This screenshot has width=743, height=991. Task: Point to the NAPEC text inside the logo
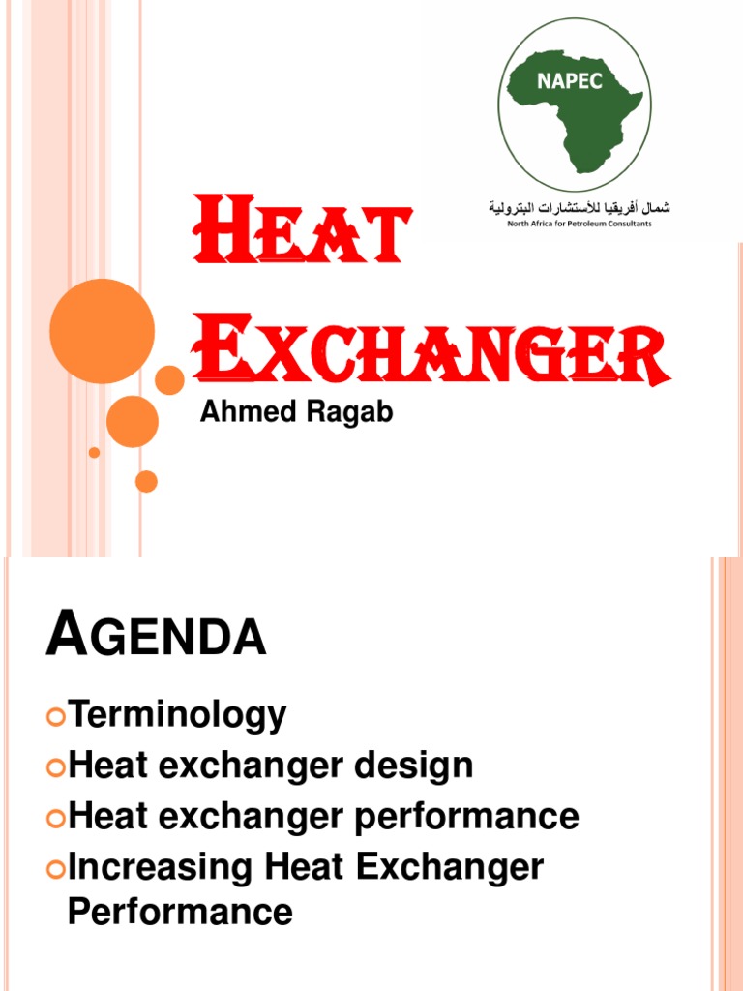(x=570, y=81)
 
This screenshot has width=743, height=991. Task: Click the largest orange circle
(x=102, y=331)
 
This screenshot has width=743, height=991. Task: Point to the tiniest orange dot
(x=94, y=452)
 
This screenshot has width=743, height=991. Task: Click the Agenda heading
(x=156, y=639)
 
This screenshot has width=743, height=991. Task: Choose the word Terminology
(x=177, y=716)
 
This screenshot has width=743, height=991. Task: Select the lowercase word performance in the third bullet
(x=466, y=817)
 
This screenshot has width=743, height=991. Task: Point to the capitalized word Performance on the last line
(x=180, y=912)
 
